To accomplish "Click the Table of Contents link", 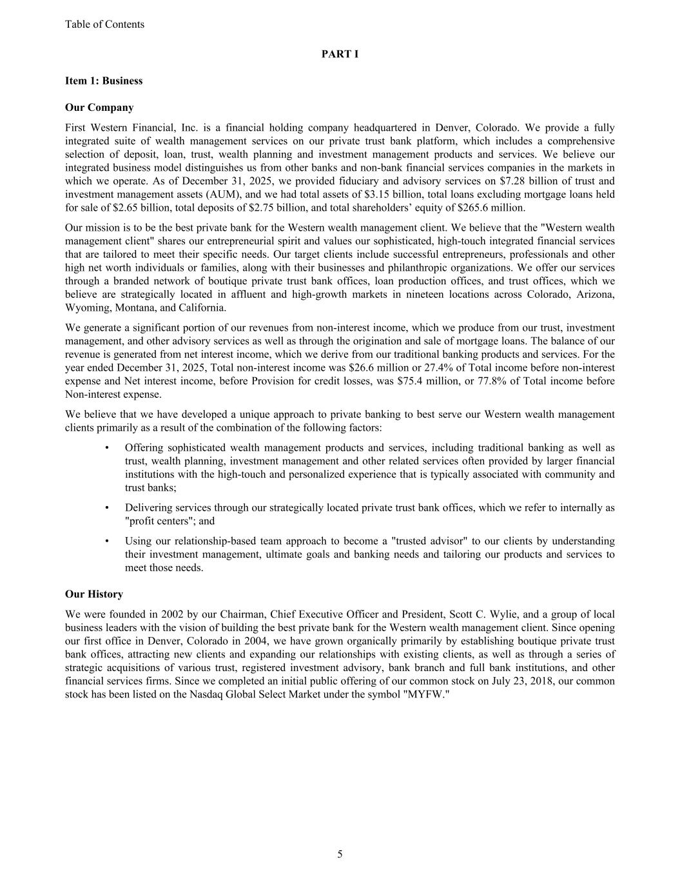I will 104,24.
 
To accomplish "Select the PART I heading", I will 340,54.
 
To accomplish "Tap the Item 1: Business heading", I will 104,81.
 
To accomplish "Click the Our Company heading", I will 99,108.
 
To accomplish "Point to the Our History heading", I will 94,594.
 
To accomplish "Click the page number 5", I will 340,855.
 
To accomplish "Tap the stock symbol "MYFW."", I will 425,695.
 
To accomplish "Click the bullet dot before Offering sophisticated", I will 106,448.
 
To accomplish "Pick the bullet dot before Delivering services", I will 106,508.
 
